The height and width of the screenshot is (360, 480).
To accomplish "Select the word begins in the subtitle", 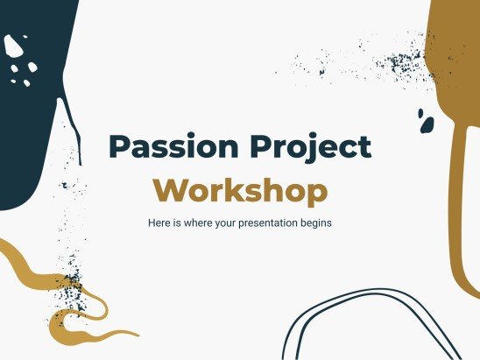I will pos(319,223).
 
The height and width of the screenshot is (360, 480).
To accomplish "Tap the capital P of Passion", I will pos(117,147).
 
